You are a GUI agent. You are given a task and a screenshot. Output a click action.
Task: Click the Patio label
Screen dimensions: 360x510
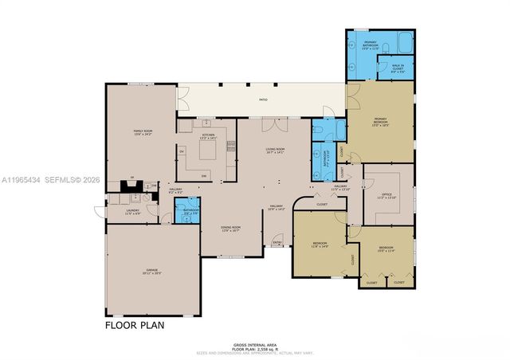[262, 100]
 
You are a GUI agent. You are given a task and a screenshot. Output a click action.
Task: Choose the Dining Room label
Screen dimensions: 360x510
[231, 229]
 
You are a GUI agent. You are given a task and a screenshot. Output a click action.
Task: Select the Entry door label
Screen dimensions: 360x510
[278, 242]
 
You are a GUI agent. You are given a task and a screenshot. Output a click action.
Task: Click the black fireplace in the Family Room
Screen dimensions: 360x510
[127, 189]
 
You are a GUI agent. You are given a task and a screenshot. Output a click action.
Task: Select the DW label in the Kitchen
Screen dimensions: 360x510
[204, 175]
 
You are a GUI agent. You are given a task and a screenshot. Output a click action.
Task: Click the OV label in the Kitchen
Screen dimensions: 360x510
[182, 151]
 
